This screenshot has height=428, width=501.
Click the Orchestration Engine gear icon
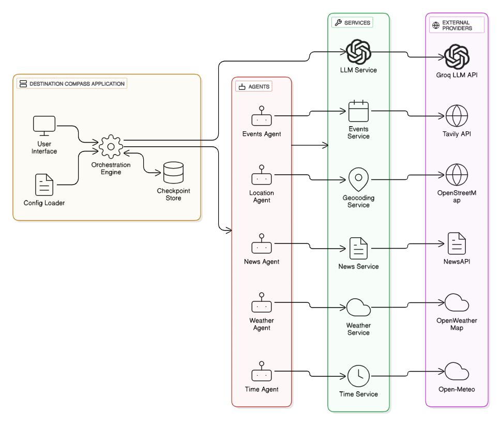pos(111,146)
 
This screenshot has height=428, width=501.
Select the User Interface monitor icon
pos(44,126)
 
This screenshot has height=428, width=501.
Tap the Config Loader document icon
pos(44,185)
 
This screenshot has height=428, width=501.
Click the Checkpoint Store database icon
pos(173,173)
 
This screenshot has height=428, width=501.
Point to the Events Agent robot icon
pos(262,118)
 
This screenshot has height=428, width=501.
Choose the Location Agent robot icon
pos(262,177)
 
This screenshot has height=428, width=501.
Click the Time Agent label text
pos(262,389)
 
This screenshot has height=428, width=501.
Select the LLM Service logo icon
pos(358,52)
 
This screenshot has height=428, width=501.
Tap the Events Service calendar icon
pos(358,111)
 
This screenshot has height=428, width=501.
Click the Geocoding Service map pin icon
pos(358,179)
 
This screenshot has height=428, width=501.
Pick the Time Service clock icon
pos(358,376)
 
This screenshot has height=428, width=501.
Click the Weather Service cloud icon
pos(358,308)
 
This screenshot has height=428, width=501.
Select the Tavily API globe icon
pos(457,116)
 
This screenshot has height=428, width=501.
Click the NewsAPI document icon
pos(457,243)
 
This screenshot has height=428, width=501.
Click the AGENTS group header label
pos(254,86)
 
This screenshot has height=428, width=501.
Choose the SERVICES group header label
pos(353,23)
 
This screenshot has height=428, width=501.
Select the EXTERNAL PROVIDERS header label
pos(457,25)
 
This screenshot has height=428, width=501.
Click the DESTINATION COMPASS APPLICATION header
pos(72,84)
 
